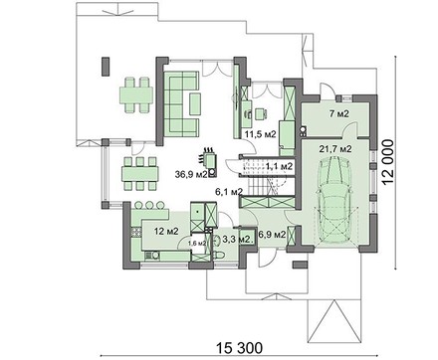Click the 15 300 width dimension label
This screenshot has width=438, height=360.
[x=239, y=348]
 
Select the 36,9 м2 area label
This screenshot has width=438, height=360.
[x=191, y=174]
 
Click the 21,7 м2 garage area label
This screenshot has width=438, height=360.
[x=335, y=149]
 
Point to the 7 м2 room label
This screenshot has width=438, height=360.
[x=339, y=114]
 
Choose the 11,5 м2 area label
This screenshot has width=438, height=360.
[x=261, y=134]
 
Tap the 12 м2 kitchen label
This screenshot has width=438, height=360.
[x=166, y=231]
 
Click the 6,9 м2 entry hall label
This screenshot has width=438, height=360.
[x=272, y=235]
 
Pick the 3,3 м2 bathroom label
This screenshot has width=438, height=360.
[x=238, y=239]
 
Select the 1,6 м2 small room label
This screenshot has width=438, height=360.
[x=197, y=243]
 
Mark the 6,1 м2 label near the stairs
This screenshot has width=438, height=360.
[x=229, y=191]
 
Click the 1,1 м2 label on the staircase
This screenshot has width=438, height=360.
[x=279, y=166]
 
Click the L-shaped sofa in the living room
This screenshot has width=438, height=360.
[x=182, y=103]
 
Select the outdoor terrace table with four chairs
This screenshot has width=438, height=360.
[x=136, y=94]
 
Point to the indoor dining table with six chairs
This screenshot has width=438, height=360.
[x=140, y=174]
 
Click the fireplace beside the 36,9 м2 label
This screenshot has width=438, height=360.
[x=210, y=162]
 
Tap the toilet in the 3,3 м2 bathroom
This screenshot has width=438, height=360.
[x=220, y=255]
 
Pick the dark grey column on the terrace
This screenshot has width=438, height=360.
[x=106, y=67]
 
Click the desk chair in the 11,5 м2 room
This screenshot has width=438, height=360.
[x=261, y=113]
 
